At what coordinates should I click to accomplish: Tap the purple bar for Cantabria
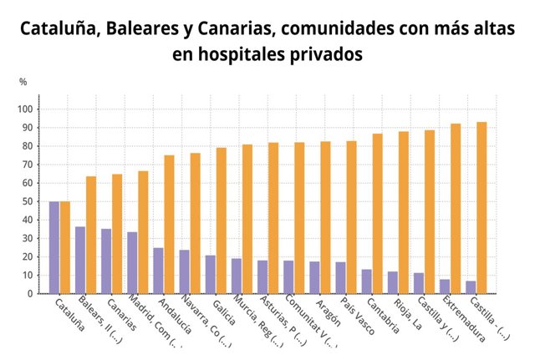tap(366, 281)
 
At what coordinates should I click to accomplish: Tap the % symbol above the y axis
tap(23, 82)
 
